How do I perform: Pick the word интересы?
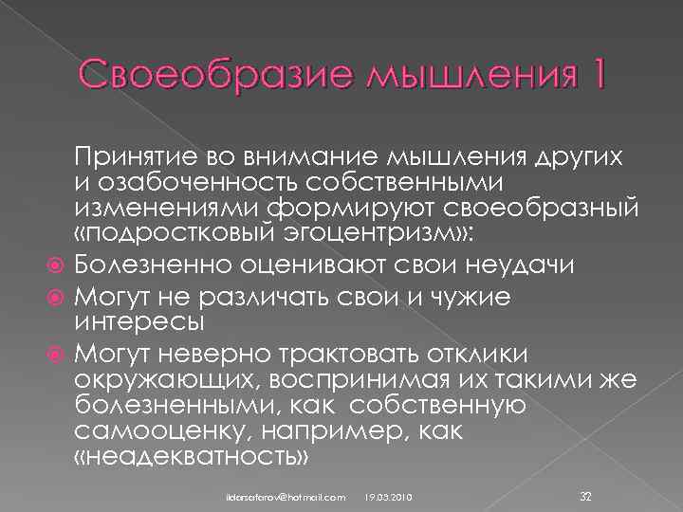click(138, 321)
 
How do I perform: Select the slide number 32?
click(585, 495)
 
